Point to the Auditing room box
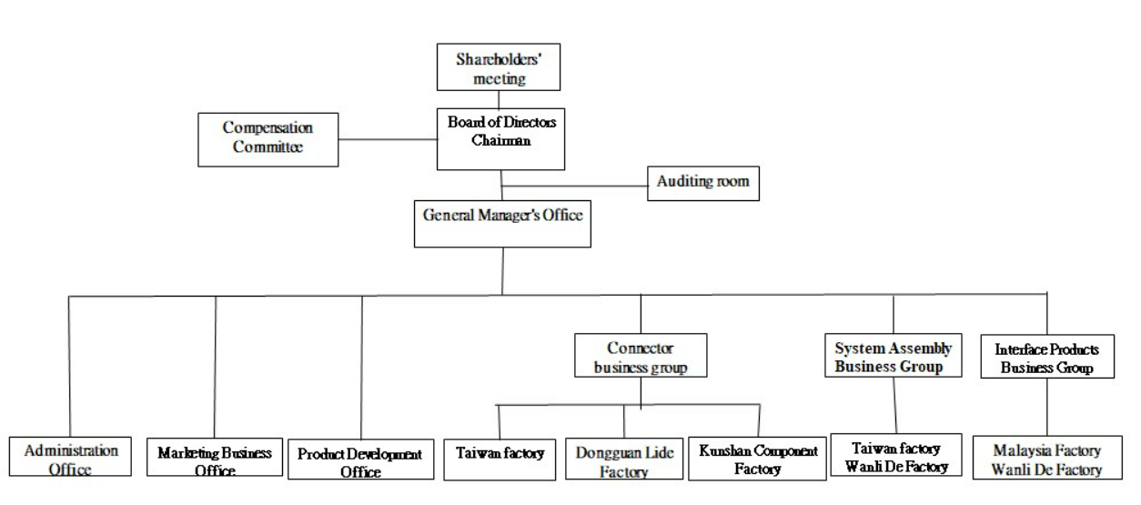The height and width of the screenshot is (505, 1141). point(702,182)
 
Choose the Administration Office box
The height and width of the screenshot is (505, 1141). point(70,460)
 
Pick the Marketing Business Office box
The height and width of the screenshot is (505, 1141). point(215,460)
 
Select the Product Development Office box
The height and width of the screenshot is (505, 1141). point(361,460)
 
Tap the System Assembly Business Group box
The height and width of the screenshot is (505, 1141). point(893,357)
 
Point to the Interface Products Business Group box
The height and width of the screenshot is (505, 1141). point(1046,357)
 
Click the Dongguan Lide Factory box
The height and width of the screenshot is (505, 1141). point(623,460)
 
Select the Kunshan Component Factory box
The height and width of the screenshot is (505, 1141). point(758,460)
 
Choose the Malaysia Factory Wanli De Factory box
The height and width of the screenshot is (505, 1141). point(1047,459)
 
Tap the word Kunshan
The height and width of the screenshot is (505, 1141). point(723,450)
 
